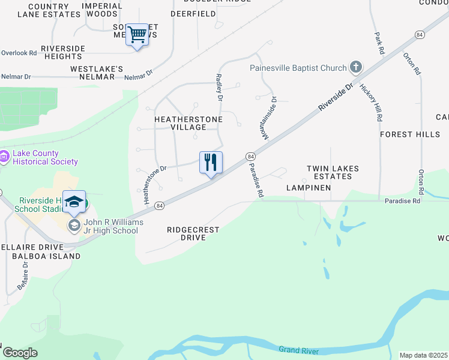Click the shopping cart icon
(x=137, y=35)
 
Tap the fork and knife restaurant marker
(x=211, y=162)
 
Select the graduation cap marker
(x=74, y=202)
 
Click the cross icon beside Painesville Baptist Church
(x=356, y=67)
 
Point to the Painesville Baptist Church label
(x=298, y=68)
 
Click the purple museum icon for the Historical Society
(x=4, y=157)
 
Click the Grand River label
(x=303, y=350)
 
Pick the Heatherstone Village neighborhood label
(x=188, y=123)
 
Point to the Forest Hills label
(x=410, y=134)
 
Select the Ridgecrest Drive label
(x=193, y=233)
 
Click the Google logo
(x=20, y=353)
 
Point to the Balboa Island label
(x=46, y=256)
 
